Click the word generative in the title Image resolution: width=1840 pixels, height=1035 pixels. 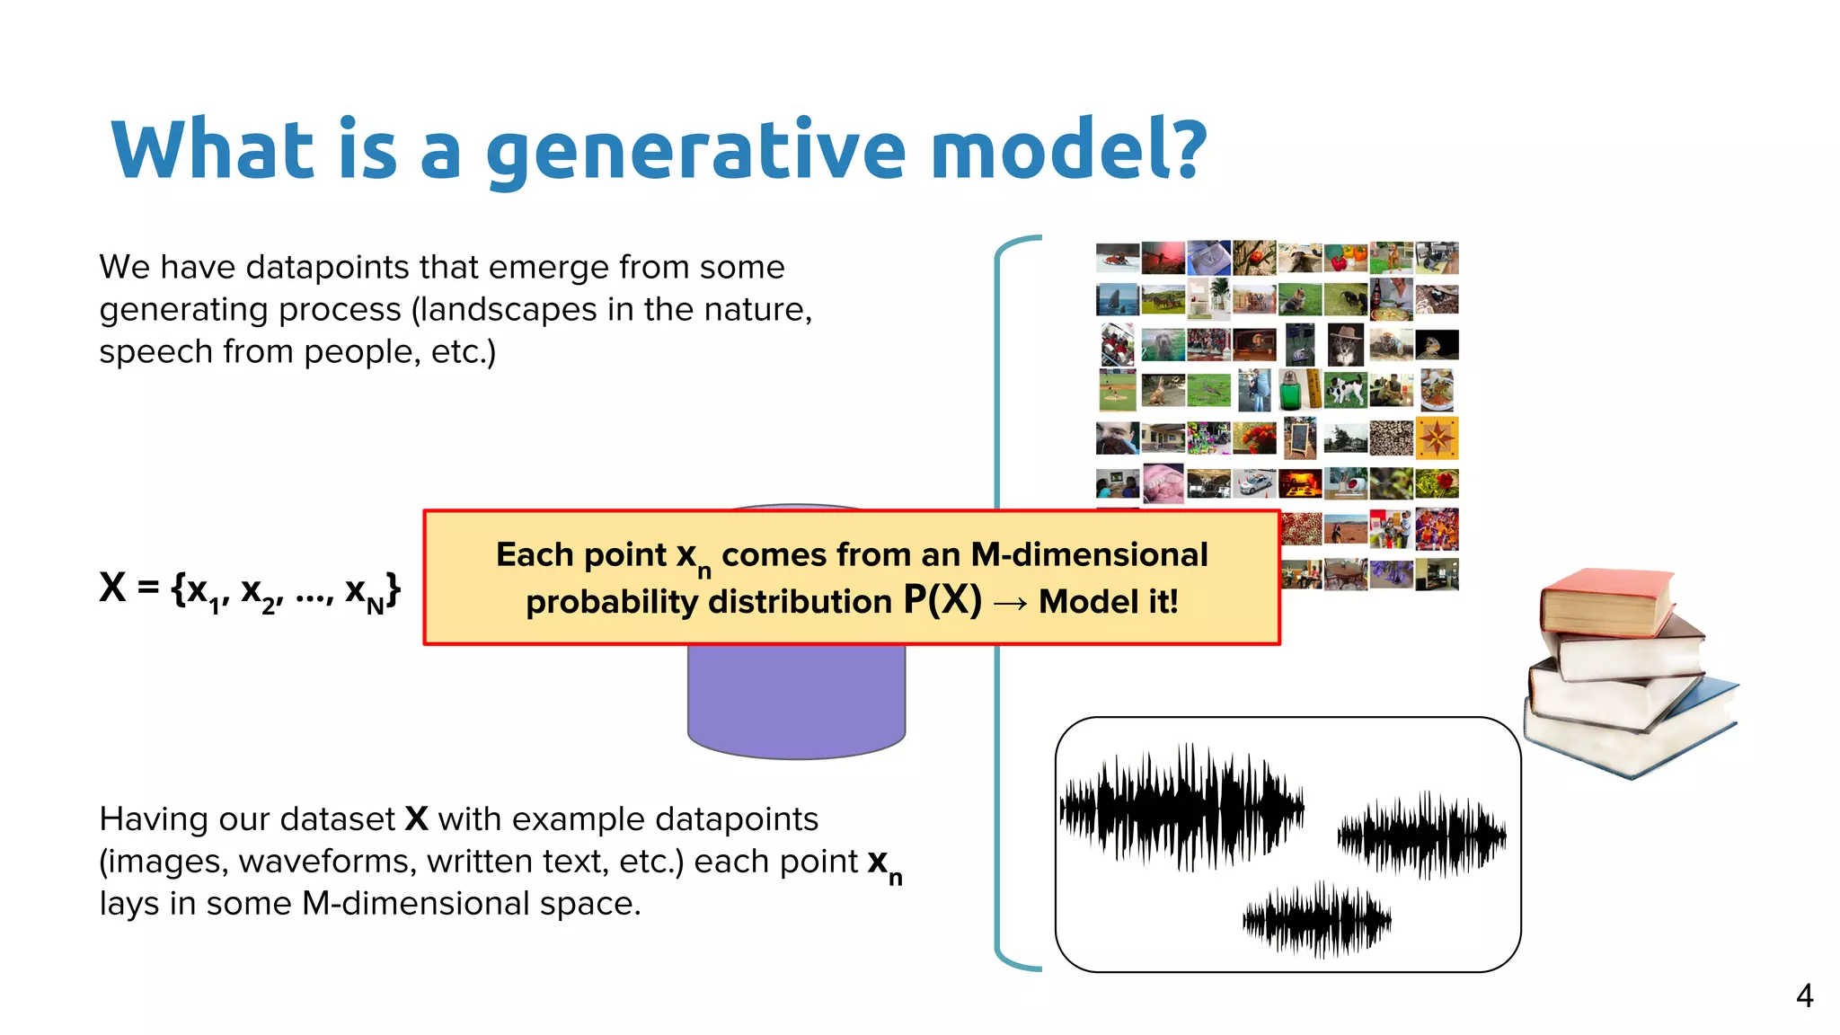tap(696, 151)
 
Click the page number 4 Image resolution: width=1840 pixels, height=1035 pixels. tap(1804, 995)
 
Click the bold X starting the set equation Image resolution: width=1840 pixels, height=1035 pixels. tap(112, 588)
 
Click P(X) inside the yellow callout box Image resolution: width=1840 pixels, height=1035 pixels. tap(942, 600)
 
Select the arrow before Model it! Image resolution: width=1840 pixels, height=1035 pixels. tap(1011, 603)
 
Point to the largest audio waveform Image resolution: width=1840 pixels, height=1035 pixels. tap(1181, 806)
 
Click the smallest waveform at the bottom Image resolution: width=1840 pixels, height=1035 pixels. tap(1316, 919)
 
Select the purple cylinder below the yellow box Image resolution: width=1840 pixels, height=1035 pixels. tap(796, 701)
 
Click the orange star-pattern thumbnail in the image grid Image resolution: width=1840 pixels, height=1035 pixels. tap(1437, 438)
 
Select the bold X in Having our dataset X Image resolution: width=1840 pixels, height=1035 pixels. tap(416, 819)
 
